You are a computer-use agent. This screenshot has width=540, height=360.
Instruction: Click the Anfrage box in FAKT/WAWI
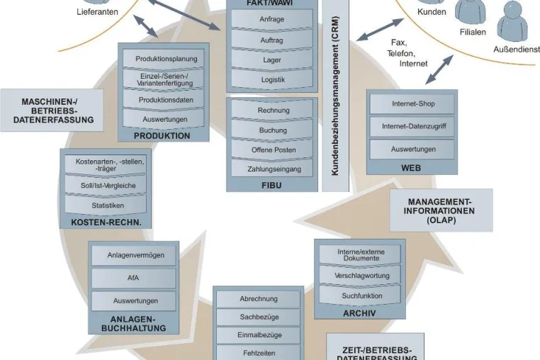coord(271,19)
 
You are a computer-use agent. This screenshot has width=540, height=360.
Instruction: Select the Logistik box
coord(271,79)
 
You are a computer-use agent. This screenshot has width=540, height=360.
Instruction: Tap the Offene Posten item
coord(271,150)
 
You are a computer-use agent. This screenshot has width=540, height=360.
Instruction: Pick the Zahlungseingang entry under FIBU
coord(271,169)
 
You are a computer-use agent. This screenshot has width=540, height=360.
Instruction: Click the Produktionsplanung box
coord(164,59)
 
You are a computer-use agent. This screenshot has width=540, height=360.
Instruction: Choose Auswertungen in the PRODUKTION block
coord(164,119)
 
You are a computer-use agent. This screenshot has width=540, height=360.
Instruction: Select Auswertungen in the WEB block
coord(412,149)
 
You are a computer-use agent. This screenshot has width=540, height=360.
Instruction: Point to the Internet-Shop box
coord(412,103)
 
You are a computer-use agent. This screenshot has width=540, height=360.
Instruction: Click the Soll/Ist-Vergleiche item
coord(106,186)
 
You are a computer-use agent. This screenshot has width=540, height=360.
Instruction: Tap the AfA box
coord(134,278)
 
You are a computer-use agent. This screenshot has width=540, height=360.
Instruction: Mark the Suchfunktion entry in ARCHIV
coord(360,296)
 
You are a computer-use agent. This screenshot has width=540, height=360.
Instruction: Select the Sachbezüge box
coord(258,317)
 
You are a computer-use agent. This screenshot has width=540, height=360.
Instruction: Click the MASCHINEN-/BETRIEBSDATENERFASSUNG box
coord(52,111)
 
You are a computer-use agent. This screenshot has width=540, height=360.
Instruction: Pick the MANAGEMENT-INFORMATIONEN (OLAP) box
coord(441,210)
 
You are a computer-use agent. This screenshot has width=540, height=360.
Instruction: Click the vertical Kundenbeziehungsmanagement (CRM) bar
coord(335,96)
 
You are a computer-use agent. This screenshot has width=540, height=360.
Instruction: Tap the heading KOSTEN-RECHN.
coord(106,223)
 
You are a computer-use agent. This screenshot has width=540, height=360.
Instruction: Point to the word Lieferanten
coord(98,12)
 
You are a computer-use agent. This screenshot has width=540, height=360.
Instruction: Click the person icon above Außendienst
coord(512,21)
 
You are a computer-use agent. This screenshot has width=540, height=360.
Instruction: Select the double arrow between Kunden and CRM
coord(380,30)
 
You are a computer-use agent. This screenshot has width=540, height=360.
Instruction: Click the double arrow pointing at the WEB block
coord(439,70)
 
